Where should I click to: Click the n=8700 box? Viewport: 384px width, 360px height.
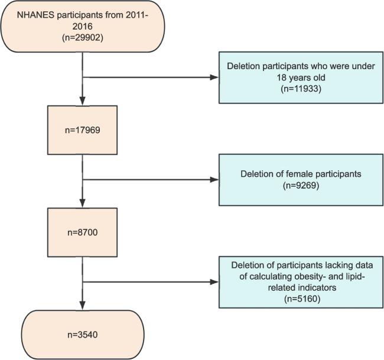(83, 232)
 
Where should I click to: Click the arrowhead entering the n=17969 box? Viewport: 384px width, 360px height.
(83, 102)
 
